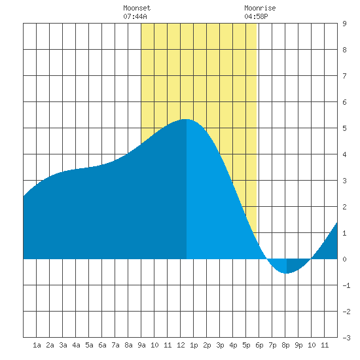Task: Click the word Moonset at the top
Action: pos(137,8)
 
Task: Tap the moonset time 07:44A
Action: pos(135,16)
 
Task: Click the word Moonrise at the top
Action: pos(260,8)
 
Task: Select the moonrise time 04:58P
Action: pos(256,16)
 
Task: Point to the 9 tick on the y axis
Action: pos(344,24)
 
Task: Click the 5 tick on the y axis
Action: pos(344,128)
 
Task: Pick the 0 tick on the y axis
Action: pos(344,259)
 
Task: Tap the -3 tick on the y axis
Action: pos(346,338)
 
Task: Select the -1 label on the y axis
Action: pos(346,285)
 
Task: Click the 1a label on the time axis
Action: pos(37,345)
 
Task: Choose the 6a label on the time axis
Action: pos(102,345)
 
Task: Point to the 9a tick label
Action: pos(141,345)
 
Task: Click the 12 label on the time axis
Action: pos(181,345)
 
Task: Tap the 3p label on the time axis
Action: pos(220,345)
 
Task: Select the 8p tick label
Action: pos(285,345)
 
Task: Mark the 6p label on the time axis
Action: pos(259,345)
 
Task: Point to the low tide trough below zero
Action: pos(286,273)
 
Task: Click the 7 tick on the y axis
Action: pos(344,76)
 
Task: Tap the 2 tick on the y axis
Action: pos(344,207)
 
